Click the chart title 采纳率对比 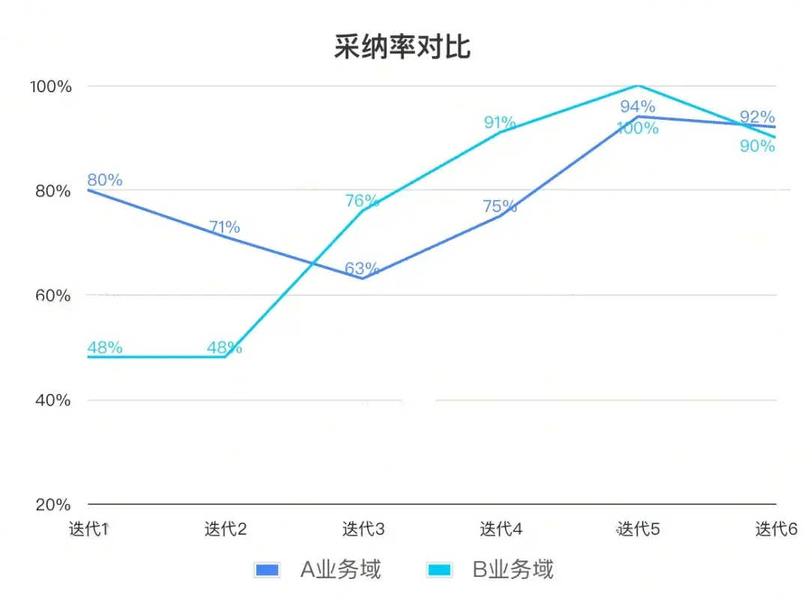[x=402, y=47]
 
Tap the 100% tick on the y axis [x=51, y=86]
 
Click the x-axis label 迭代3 [x=363, y=529]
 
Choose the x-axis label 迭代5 [x=638, y=529]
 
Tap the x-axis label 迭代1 [x=89, y=529]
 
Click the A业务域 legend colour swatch [x=267, y=570]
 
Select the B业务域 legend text [x=512, y=570]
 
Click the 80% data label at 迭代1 [x=105, y=180]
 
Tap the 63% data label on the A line [x=362, y=268]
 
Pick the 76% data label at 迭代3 [x=362, y=201]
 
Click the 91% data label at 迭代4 [x=500, y=122]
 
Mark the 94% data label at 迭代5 [x=637, y=106]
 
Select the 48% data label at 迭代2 [x=224, y=348]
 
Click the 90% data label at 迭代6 [x=757, y=146]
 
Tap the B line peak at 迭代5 [x=637, y=86]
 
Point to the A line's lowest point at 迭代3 [x=363, y=279]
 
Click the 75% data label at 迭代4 [x=500, y=206]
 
